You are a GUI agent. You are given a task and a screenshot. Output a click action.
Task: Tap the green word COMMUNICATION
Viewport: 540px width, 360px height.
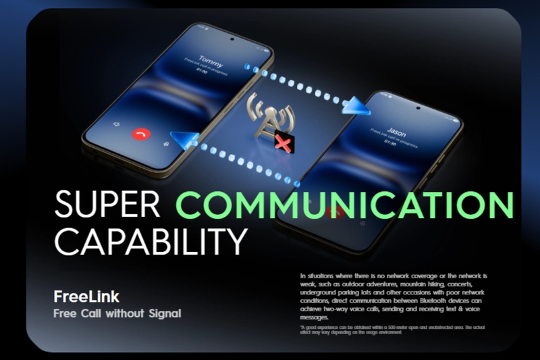pyautogui.click(x=344, y=205)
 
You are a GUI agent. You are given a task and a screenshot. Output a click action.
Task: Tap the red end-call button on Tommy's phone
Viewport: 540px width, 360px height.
pyautogui.click(x=141, y=134)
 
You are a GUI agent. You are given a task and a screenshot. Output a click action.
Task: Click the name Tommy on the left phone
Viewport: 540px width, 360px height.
pyautogui.click(x=211, y=59)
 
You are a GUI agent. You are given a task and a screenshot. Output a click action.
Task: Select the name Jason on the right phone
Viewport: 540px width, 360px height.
pyautogui.click(x=397, y=133)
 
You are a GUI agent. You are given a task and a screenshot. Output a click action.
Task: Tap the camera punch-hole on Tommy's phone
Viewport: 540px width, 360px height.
pyautogui.click(x=232, y=39)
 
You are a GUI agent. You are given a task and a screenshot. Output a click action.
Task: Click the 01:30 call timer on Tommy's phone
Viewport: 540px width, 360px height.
pyautogui.click(x=202, y=70)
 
